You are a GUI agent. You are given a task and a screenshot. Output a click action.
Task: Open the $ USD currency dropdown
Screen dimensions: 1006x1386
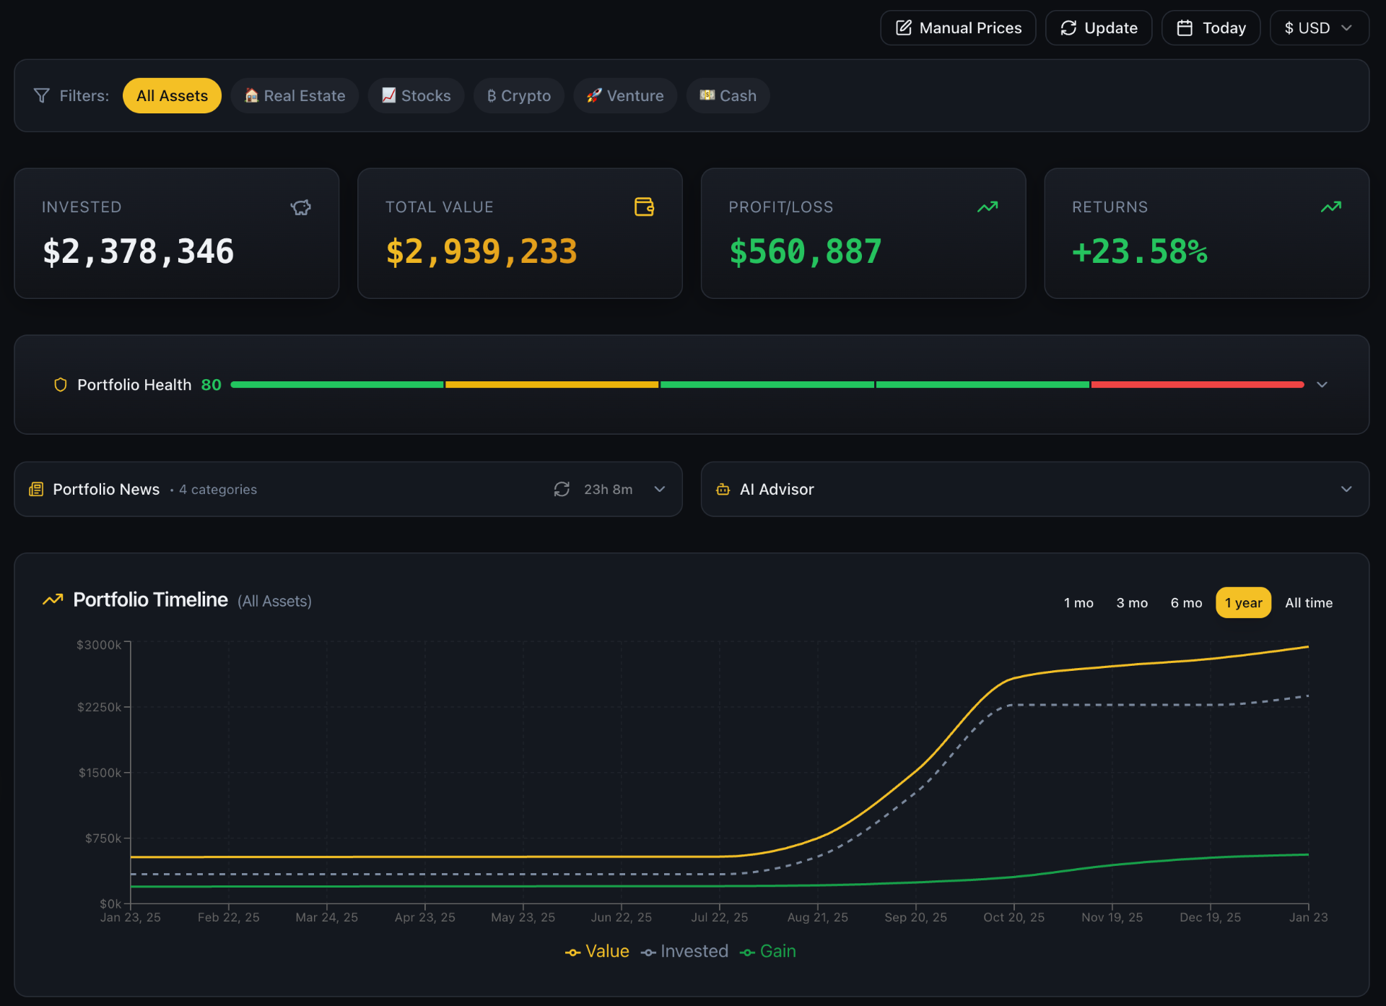pyautogui.click(x=1318, y=28)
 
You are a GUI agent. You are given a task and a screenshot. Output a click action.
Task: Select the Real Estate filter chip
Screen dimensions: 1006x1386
pyautogui.click(x=295, y=96)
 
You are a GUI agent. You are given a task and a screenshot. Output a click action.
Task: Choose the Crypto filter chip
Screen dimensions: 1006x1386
pyautogui.click(x=518, y=96)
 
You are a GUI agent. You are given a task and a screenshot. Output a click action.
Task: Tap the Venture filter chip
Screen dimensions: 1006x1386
pyautogui.click(x=625, y=96)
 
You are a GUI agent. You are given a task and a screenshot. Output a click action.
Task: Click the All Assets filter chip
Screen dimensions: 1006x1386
pyautogui.click(x=172, y=96)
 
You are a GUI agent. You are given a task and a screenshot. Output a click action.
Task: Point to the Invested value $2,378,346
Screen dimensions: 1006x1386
pyautogui.click(x=139, y=252)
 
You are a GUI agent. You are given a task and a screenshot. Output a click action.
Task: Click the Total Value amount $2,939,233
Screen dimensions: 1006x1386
pyautogui.click(x=481, y=252)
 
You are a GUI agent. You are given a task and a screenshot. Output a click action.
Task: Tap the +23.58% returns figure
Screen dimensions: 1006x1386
pyautogui.click(x=1139, y=252)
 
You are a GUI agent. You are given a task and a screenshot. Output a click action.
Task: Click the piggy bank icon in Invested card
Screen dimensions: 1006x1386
pyautogui.click(x=300, y=208)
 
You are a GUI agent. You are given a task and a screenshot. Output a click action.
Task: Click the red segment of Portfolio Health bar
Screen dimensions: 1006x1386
pyautogui.click(x=1197, y=385)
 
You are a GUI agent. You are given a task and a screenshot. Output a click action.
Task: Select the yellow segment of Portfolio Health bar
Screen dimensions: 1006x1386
pyautogui.click(x=552, y=385)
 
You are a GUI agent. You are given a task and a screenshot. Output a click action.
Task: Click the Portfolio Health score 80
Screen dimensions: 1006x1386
pyautogui.click(x=211, y=385)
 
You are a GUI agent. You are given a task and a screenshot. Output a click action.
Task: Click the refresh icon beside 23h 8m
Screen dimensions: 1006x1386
pyautogui.click(x=562, y=489)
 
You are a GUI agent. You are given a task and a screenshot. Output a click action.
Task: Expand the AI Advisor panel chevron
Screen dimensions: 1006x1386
pyautogui.click(x=1346, y=489)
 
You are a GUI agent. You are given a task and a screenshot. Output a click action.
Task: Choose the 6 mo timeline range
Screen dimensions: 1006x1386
pyautogui.click(x=1186, y=603)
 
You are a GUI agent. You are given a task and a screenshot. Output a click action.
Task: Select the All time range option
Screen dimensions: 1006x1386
pyautogui.click(x=1308, y=603)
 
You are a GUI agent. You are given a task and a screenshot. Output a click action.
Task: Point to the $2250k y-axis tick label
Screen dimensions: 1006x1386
pyautogui.click(x=100, y=707)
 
